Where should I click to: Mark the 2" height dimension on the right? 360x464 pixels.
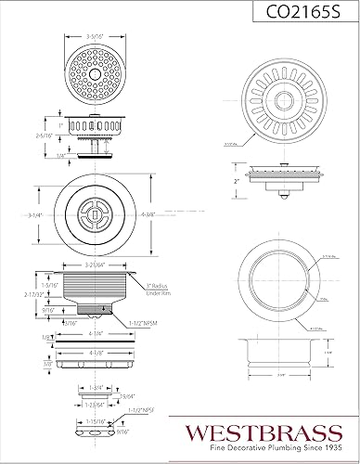tap(238, 183)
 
